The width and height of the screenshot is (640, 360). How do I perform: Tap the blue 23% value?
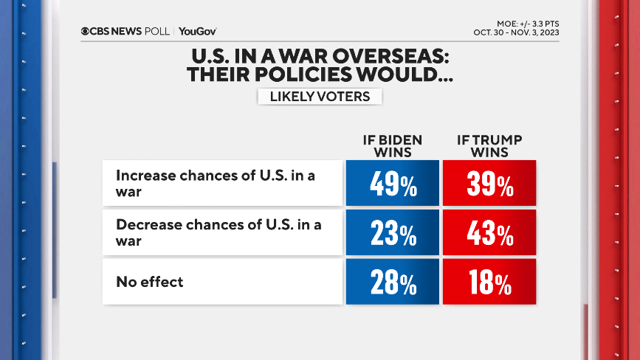[x=392, y=233]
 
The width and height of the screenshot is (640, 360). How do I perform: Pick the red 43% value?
[x=489, y=233]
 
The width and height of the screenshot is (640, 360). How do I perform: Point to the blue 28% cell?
[x=392, y=282]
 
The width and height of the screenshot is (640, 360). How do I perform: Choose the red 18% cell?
[x=489, y=282]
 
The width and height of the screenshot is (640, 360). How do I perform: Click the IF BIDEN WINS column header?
[x=392, y=146]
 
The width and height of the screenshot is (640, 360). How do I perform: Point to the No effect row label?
[x=149, y=282]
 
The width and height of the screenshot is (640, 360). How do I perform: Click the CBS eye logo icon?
[x=85, y=31]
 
